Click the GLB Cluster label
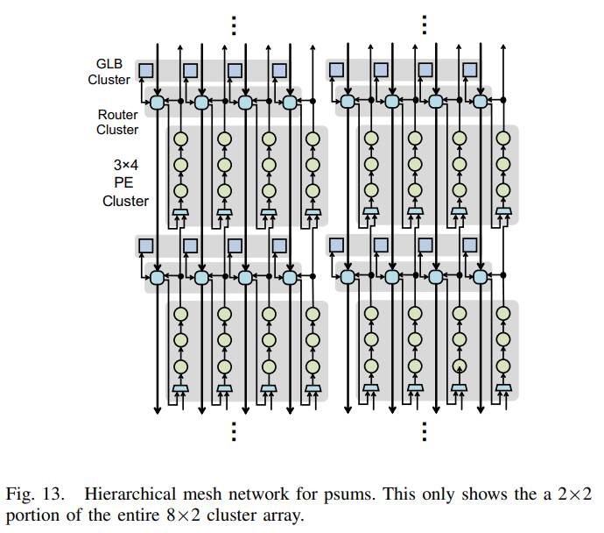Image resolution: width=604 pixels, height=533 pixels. click(x=109, y=72)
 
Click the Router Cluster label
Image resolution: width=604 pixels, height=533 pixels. click(x=117, y=122)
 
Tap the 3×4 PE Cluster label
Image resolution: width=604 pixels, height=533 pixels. click(x=125, y=183)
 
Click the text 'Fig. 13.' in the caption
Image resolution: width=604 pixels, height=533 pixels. click(x=35, y=494)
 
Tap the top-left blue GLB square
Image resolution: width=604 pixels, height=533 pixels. click(x=146, y=71)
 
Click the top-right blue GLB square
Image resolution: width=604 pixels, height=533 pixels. click(x=469, y=70)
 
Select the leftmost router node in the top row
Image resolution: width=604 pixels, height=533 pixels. click(x=158, y=103)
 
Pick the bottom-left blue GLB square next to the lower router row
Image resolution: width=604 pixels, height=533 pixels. click(x=146, y=245)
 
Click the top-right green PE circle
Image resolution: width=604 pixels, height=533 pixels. click(x=503, y=139)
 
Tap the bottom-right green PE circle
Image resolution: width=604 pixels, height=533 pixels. click(x=503, y=366)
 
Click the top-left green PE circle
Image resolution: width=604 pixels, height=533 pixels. click(x=180, y=139)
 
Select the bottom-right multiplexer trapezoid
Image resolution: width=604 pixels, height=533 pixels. click(x=503, y=387)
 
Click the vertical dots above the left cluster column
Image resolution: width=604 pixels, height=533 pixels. click(x=234, y=25)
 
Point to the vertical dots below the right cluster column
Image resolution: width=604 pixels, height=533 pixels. click(x=424, y=431)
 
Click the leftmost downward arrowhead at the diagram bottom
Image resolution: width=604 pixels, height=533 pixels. click(x=158, y=410)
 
